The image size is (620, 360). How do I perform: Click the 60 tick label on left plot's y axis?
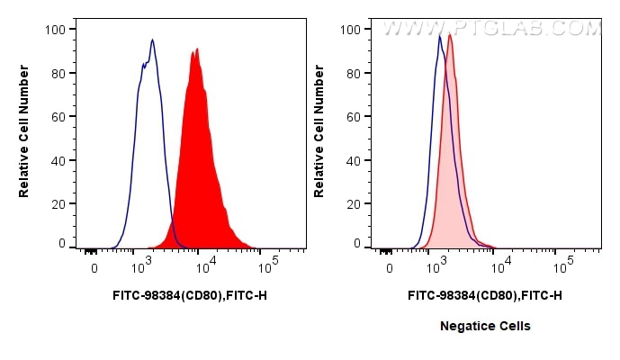point(57,117)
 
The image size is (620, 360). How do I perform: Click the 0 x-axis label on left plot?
point(94,268)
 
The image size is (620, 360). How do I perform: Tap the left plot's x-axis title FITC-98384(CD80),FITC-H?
point(190,294)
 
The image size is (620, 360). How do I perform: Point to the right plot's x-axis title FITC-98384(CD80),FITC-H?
point(485,294)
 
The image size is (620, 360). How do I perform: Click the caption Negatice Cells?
point(485,326)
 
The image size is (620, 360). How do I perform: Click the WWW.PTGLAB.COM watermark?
point(491,28)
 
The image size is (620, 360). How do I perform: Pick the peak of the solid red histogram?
point(193,50)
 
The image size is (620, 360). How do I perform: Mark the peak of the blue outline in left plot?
point(153,40)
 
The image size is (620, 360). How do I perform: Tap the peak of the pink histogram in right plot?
point(449,35)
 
